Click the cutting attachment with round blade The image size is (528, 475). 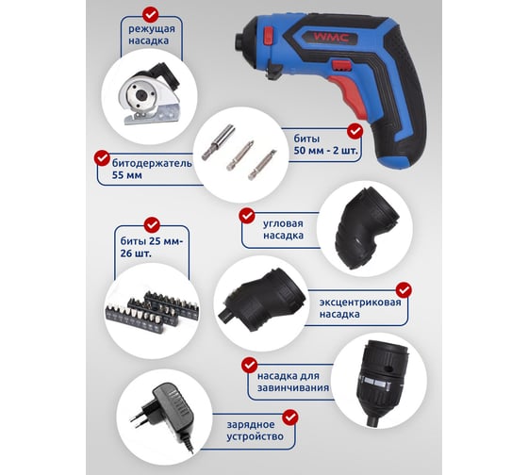(148, 94)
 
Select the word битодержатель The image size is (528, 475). (152, 164)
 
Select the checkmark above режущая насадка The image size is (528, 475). (151, 15)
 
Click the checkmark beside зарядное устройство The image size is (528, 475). (290, 418)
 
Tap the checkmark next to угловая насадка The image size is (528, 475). (247, 216)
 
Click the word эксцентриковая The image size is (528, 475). (360, 303)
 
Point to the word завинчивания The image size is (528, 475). (293, 387)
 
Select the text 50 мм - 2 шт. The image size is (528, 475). (325, 151)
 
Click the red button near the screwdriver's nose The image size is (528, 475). (268, 36)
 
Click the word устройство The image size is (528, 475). (255, 437)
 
